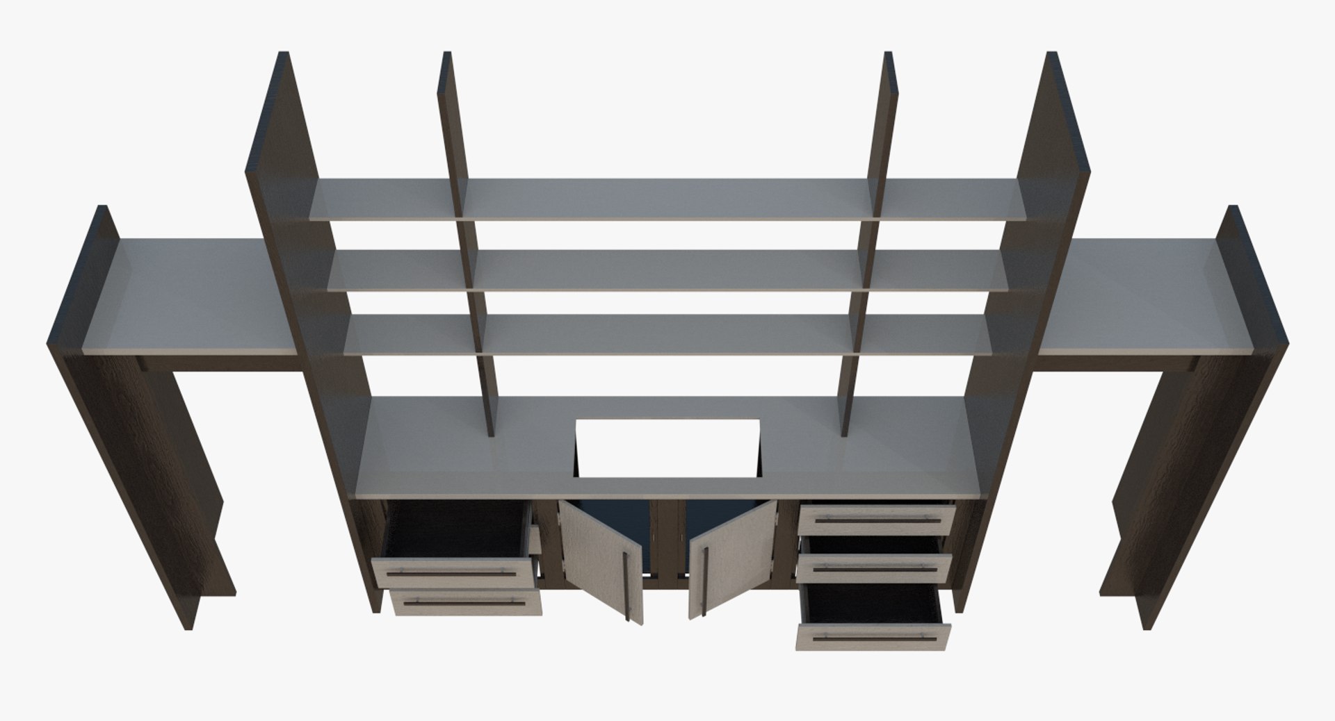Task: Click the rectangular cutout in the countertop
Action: [x=666, y=449]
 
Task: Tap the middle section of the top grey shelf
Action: [x=666, y=199]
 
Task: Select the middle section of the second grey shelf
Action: [x=666, y=270]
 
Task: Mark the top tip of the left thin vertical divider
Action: [x=447, y=54]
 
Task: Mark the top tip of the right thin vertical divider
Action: [x=889, y=54]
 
